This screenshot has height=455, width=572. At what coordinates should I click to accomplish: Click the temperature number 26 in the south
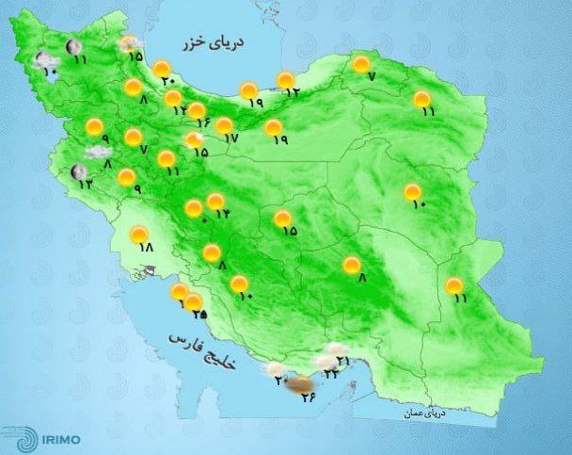click(309, 397)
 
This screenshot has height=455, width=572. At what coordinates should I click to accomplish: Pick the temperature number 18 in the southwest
click(145, 249)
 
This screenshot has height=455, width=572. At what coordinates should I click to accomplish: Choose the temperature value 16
click(199, 121)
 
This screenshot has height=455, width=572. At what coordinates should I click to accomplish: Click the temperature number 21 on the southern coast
click(343, 361)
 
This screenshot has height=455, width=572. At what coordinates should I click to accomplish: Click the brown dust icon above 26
click(301, 382)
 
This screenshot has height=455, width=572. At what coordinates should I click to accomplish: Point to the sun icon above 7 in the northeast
click(360, 64)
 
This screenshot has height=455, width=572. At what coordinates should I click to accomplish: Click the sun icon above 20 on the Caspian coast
click(162, 68)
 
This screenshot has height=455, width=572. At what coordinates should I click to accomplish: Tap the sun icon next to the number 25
click(193, 302)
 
